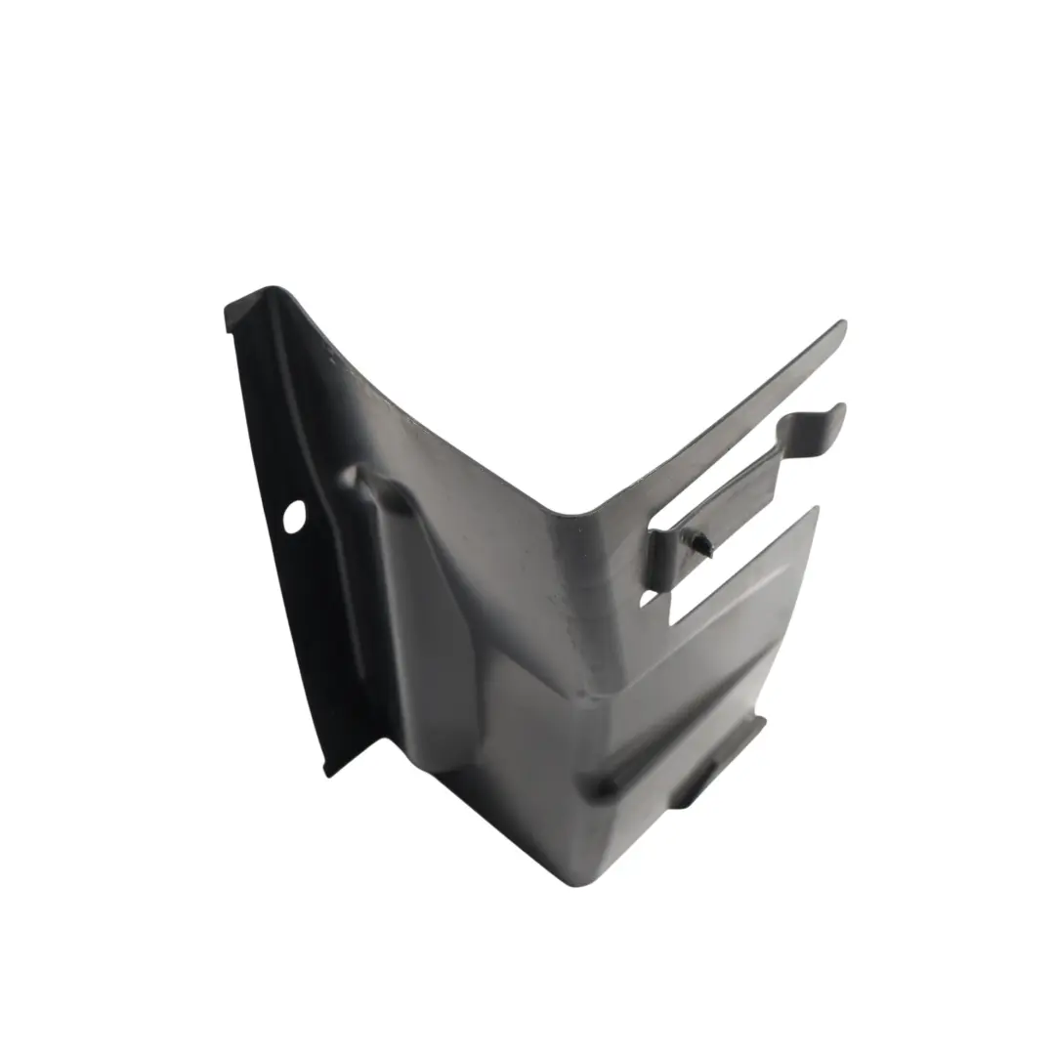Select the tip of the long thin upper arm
pyautogui.click(x=840, y=326)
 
